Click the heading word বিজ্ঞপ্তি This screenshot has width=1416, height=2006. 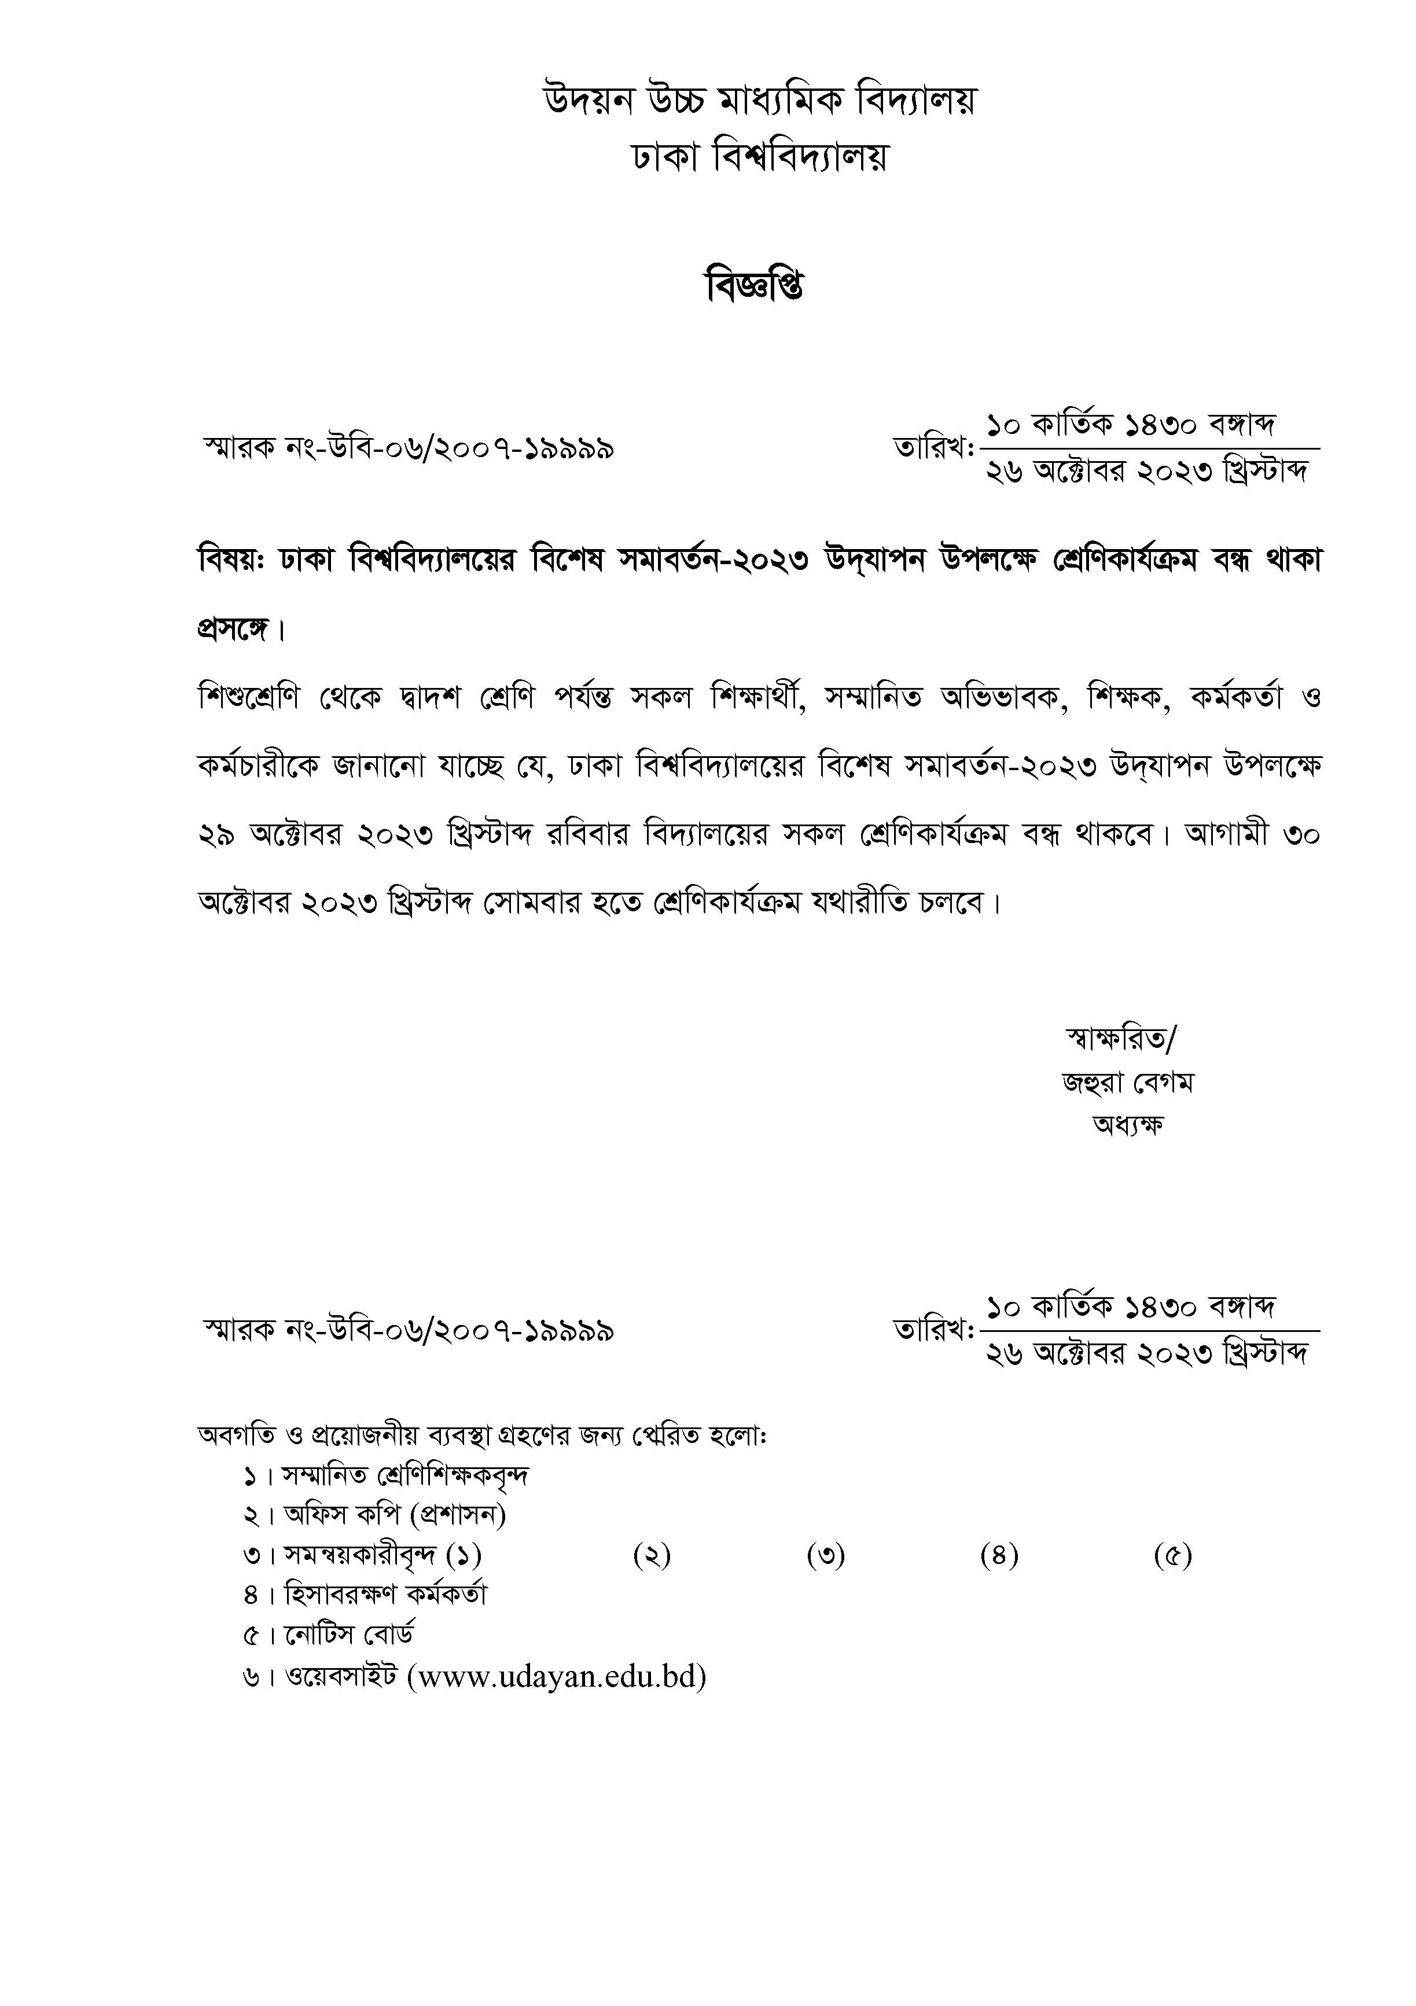755,286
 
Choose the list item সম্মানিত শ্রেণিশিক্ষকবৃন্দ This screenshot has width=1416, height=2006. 405,1475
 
